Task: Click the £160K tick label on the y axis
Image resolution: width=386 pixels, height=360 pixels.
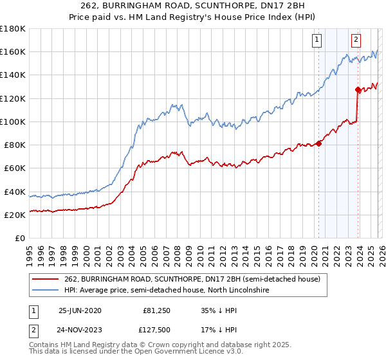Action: click(x=13, y=51)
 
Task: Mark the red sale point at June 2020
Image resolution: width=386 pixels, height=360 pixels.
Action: click(x=318, y=143)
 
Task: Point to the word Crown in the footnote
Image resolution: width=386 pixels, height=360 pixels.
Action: click(x=160, y=346)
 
